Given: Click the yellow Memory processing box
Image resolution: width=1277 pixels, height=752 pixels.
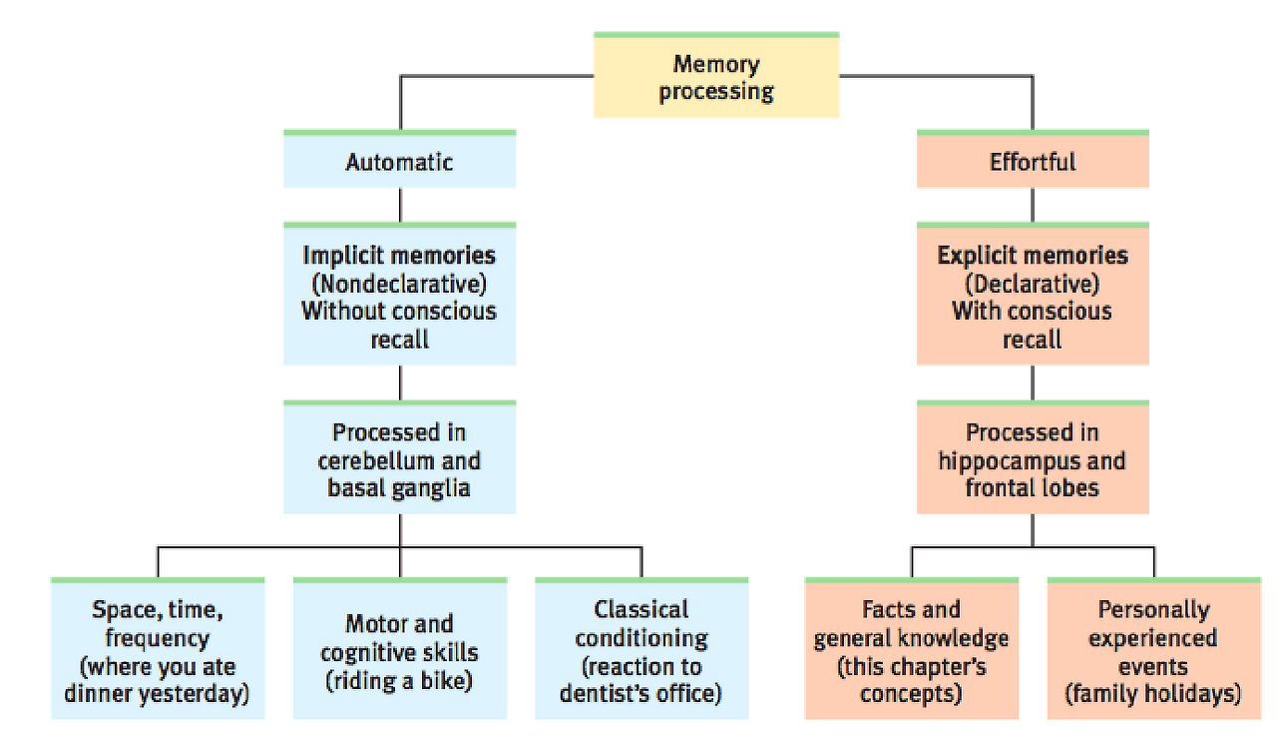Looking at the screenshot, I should pos(715,77).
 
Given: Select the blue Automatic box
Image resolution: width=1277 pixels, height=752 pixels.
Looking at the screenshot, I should pos(399,161).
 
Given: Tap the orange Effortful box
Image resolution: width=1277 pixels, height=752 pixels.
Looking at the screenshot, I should pos(1033,161).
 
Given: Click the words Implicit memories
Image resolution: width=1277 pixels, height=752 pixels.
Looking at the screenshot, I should pos(399,255).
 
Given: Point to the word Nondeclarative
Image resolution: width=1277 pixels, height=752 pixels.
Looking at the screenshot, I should pos(399,283).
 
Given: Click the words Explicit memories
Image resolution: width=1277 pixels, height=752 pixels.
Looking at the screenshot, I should pos(1033,255).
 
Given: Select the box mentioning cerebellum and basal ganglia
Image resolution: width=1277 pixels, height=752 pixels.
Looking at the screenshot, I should pos(399,459).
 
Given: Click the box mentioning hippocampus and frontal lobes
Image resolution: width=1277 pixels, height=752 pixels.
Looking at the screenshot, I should pos(1033,459).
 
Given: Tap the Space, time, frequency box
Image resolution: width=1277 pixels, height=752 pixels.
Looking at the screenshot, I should pos(158,650).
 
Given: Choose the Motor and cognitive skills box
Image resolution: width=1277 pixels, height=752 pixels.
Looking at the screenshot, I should pos(399,650).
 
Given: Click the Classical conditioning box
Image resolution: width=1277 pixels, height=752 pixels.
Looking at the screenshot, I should pos(640,650).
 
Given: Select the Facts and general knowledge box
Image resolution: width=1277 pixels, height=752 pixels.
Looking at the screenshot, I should pos(911,650).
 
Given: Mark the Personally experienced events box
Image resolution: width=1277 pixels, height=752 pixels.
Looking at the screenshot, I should pos(1153,650).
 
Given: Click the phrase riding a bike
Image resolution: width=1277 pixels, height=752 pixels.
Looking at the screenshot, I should pos(399,681).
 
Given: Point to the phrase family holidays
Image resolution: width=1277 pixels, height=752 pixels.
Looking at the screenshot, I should pos(1153,693).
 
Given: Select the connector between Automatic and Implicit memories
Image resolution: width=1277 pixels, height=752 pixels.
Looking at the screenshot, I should pos(400,205).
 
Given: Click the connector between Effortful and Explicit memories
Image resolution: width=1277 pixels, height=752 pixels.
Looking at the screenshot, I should pos(1033,205).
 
